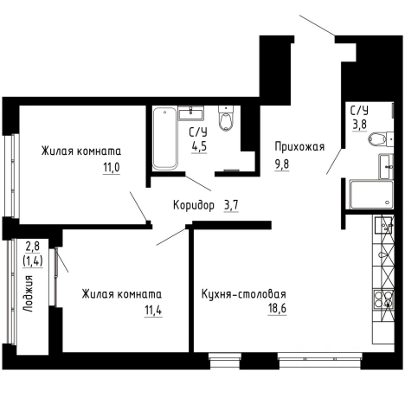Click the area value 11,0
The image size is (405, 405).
(112, 167)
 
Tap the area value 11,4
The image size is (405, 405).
(153, 311)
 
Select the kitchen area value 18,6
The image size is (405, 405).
(277, 308)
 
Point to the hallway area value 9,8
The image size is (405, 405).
(282, 164)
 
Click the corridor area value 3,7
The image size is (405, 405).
(231, 205)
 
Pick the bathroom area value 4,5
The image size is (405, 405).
(199, 146)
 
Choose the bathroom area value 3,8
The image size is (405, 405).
(359, 125)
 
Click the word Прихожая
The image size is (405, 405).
(299, 146)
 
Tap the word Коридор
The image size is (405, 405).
(194, 205)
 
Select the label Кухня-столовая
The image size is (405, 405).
(243, 294)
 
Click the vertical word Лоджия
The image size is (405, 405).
(29, 293)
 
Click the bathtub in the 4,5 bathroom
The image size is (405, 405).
(164, 138)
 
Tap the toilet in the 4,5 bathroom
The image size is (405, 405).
(226, 119)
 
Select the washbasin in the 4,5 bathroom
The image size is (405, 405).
(190, 112)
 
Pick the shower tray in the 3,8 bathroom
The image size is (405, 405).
(371, 195)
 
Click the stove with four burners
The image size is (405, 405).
(383, 299)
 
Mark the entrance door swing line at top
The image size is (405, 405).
(318, 25)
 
